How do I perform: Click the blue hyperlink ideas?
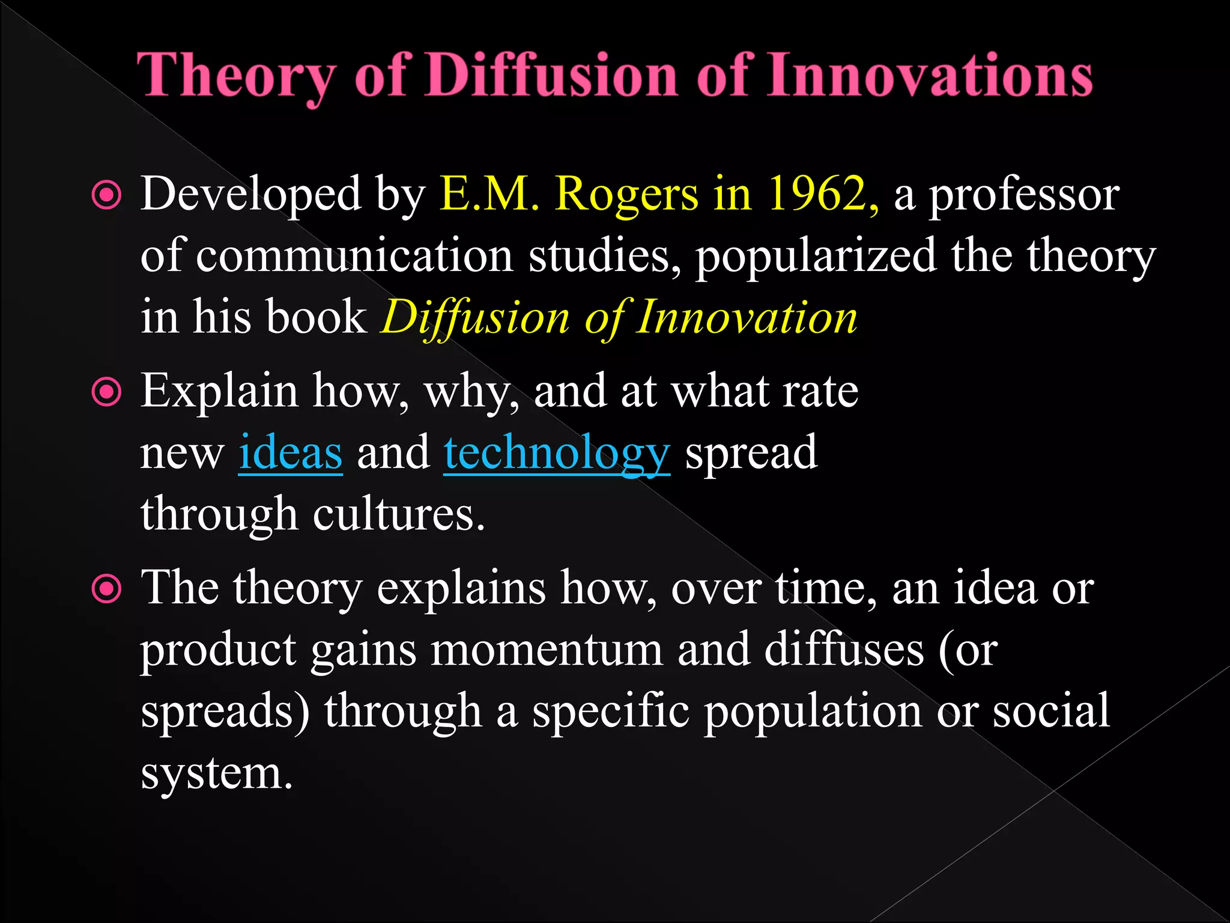point(291,453)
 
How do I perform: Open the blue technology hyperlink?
point(557,454)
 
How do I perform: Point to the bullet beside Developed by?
point(107,196)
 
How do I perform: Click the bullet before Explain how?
point(107,392)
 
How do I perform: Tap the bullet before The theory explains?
point(107,589)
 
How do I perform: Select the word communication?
point(354,256)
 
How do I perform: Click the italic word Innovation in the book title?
point(747,317)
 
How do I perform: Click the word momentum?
point(547,650)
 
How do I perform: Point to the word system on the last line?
point(216,774)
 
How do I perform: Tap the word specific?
point(611,711)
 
